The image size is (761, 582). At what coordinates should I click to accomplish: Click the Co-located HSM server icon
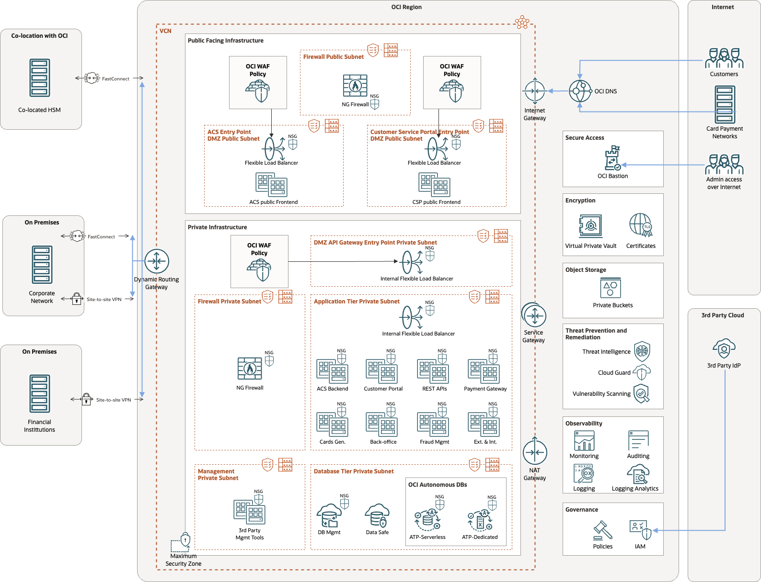click(40, 78)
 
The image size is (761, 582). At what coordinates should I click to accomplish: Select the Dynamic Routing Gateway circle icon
click(157, 261)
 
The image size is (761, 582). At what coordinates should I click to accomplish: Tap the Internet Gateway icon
click(535, 91)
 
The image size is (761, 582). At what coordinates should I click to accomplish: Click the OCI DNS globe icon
click(580, 91)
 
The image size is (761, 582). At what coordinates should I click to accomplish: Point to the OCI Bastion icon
click(612, 158)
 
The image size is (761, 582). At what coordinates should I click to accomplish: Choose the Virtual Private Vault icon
click(590, 226)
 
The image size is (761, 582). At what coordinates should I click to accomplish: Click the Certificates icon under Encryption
click(641, 225)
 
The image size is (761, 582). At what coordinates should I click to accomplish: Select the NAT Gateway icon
click(535, 452)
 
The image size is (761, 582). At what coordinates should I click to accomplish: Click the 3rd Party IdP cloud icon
click(724, 348)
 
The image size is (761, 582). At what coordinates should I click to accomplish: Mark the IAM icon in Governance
click(640, 529)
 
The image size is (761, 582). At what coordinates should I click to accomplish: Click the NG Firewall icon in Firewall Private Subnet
click(250, 369)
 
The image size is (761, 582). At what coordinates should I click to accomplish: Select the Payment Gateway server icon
click(484, 371)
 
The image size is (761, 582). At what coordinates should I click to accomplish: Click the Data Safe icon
click(377, 515)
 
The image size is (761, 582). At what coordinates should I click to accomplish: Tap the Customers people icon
click(724, 58)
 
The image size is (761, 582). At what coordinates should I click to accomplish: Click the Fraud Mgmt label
click(434, 442)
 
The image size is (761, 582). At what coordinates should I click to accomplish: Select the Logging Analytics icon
click(638, 474)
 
